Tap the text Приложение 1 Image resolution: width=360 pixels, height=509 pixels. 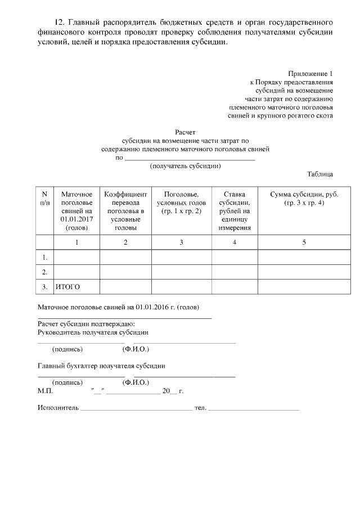click(x=310, y=74)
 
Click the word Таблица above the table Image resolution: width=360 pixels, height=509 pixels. click(x=320, y=174)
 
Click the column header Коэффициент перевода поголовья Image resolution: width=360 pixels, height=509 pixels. click(x=125, y=211)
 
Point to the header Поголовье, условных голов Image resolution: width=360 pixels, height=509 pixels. click(x=181, y=202)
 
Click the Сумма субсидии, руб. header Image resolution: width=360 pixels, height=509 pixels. click(x=304, y=198)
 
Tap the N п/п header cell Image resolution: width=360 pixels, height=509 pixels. click(x=44, y=198)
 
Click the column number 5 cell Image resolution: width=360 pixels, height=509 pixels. click(x=304, y=242)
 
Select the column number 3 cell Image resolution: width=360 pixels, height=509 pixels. click(x=181, y=242)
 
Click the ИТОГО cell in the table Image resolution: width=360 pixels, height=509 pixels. click(x=67, y=287)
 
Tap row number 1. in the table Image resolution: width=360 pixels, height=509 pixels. click(x=44, y=258)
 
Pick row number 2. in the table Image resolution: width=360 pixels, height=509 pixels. click(x=44, y=272)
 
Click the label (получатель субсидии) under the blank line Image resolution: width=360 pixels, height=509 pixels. click(x=184, y=166)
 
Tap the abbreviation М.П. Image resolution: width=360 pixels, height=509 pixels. click(x=45, y=390)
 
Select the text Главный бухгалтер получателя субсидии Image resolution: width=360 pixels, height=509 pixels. click(x=101, y=366)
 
